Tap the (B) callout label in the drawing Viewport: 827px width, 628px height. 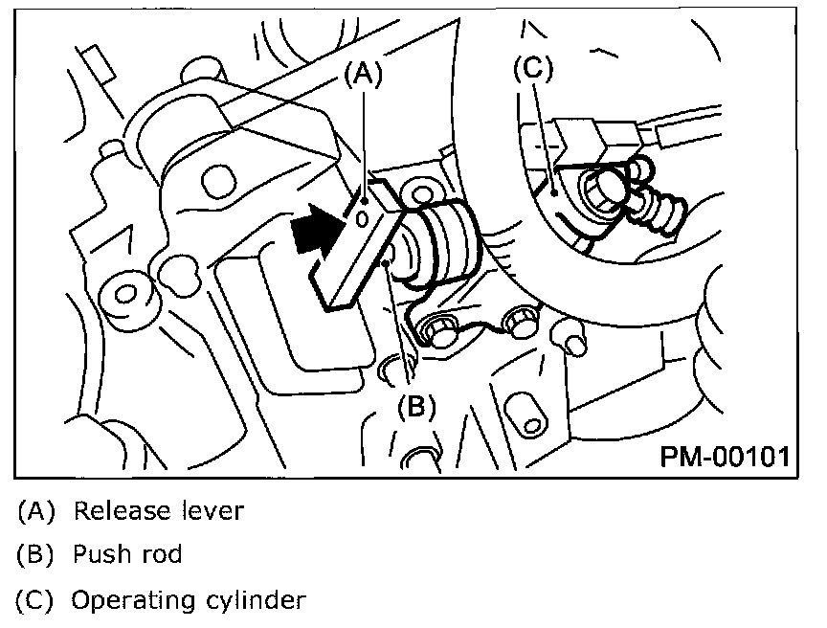pyautogui.click(x=416, y=406)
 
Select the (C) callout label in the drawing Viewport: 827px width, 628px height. pyautogui.click(x=533, y=69)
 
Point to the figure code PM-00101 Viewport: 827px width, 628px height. pyautogui.click(x=724, y=455)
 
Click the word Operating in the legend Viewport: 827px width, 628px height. pyautogui.click(x=133, y=601)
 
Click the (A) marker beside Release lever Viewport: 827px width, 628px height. pyautogui.click(x=37, y=510)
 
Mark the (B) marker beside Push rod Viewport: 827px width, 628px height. pyautogui.click(x=37, y=555)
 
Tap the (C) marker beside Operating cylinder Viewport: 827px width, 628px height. pyautogui.click(x=37, y=601)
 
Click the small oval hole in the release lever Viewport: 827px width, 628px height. pyautogui.click(x=362, y=218)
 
